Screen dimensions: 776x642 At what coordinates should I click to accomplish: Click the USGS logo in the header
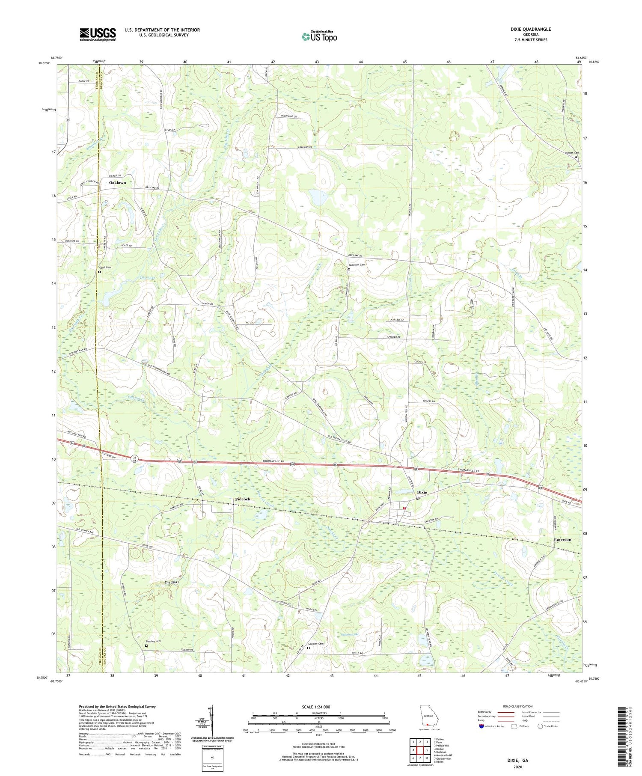pos(98,34)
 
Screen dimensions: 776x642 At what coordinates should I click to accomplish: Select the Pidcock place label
pos(242,499)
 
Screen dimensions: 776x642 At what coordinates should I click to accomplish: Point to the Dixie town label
pos(422,492)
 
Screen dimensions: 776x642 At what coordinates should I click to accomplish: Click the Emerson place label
pos(562,540)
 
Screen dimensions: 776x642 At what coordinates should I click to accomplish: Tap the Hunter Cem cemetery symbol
pos(576,157)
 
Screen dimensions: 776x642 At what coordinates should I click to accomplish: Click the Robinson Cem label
pos(357,265)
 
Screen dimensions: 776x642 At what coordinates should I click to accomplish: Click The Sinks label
pos(172,583)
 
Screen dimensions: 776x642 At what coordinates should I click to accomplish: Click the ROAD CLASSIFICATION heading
pos(518,706)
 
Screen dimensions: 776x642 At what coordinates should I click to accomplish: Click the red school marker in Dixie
pos(404,508)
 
